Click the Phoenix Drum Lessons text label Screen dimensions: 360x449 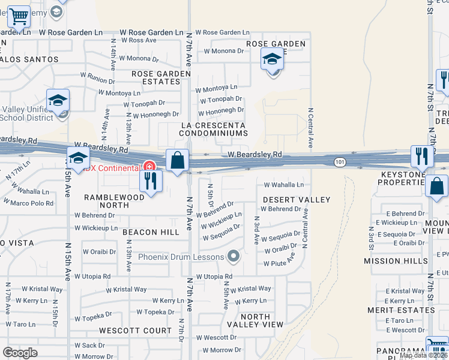pyautogui.click(x=180, y=257)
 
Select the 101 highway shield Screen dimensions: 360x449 pyautogui.click(x=340, y=162)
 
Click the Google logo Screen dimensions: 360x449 pyautogui.click(x=20, y=353)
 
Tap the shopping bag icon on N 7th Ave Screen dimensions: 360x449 pyautogui.click(x=177, y=161)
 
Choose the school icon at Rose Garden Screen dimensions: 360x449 pyautogui.click(x=273, y=60)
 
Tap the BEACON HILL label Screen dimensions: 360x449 pyautogui.click(x=147, y=232)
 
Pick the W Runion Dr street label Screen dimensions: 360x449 pyautogui.click(x=98, y=79)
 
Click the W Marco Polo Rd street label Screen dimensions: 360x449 pyautogui.click(x=32, y=203)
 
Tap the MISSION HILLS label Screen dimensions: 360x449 pyautogui.click(x=396, y=261)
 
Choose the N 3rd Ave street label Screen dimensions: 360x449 pyautogui.click(x=256, y=230)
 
